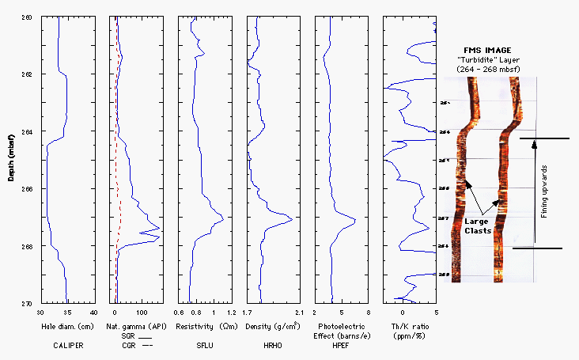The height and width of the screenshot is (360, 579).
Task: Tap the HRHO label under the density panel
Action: [271, 345]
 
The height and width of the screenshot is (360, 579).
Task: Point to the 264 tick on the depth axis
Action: [28, 131]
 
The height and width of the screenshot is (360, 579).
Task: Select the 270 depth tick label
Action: [28, 304]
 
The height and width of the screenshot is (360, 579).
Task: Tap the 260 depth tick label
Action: [28, 17]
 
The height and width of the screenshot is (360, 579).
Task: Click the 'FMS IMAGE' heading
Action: [487, 50]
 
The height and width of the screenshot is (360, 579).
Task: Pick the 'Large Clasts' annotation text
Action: [486, 225]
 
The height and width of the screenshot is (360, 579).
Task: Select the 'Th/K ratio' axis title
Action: [409, 326]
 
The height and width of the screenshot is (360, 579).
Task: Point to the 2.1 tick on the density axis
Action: [297, 312]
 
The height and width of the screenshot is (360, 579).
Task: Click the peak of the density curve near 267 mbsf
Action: [292, 218]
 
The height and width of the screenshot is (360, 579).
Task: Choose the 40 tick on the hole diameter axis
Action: [93, 312]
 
